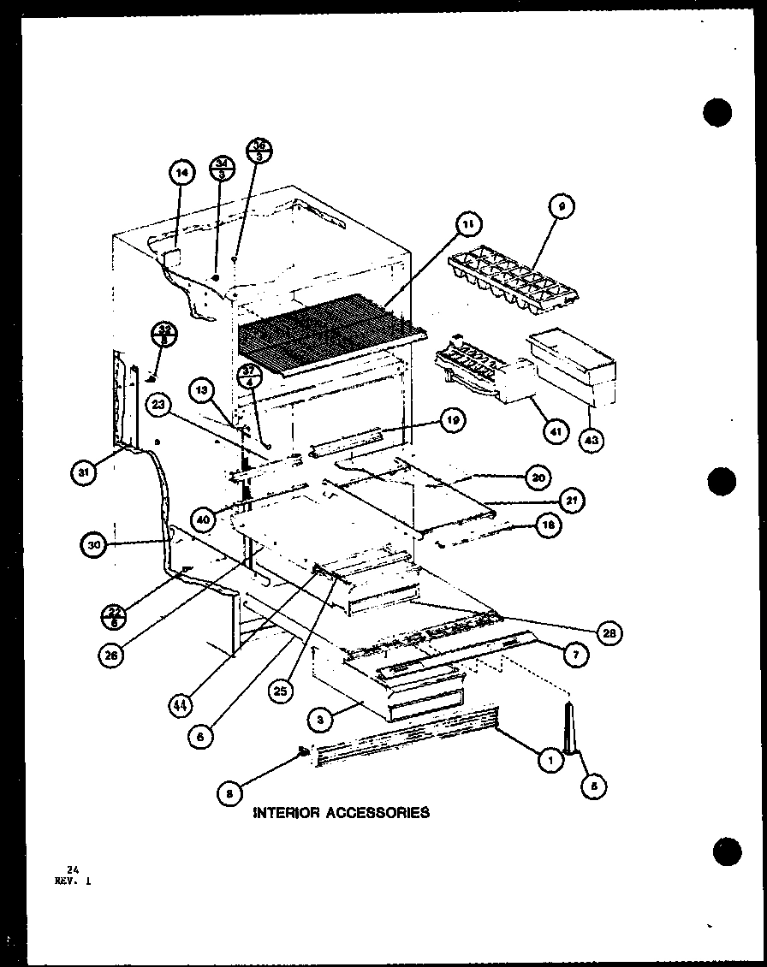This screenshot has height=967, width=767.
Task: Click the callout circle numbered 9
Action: pos(561,205)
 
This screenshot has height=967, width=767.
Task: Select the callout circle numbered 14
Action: pos(181,174)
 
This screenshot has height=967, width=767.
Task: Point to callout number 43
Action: pos(592,440)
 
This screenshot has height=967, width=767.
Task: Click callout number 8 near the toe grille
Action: pos(228,793)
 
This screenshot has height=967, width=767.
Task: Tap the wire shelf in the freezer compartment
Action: pos(330,332)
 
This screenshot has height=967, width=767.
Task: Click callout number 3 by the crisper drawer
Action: pos(319,721)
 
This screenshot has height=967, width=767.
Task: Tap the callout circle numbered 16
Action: pos(549,526)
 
